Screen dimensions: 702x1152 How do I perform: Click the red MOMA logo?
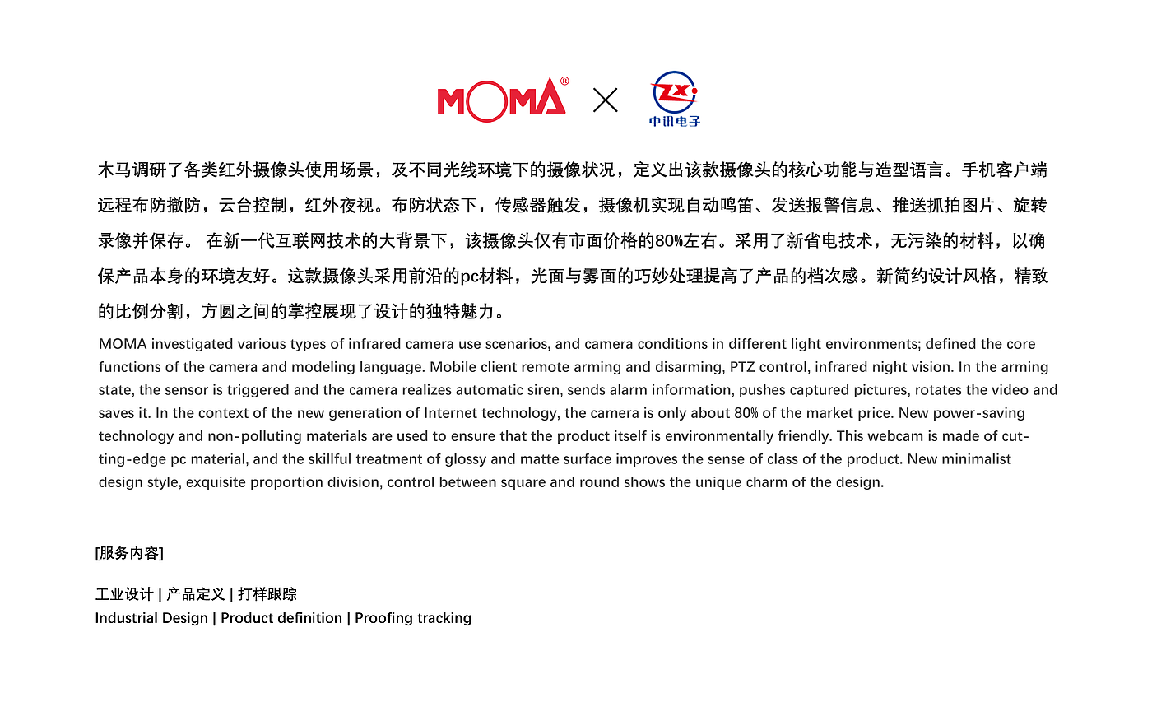[501, 100]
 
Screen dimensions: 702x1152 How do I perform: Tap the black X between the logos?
[606, 100]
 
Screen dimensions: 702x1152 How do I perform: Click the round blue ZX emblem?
[674, 92]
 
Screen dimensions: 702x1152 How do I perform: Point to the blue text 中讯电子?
[675, 121]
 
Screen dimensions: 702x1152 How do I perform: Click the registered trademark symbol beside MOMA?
[564, 81]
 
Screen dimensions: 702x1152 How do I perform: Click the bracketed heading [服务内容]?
[129, 553]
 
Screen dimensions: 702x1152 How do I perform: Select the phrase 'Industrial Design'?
[151, 618]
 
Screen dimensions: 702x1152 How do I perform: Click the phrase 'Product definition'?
[281, 618]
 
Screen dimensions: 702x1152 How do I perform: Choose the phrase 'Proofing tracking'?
[413, 618]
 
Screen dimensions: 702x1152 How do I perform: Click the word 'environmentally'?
[720, 436]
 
